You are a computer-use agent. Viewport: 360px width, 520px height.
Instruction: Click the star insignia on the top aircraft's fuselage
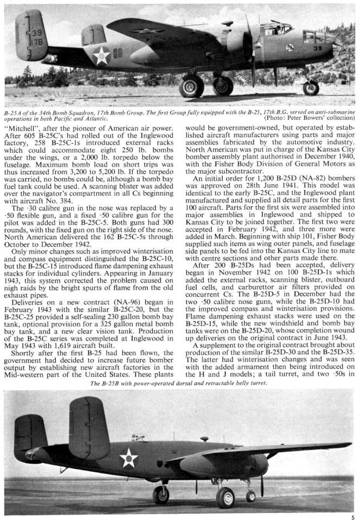pyautogui.click(x=101, y=55)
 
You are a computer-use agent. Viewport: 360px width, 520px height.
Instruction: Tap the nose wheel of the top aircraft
pyautogui.click(x=311, y=88)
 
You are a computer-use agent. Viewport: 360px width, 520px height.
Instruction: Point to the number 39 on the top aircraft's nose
pyautogui.click(x=318, y=48)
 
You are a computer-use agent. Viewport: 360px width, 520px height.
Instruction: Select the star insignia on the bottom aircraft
pyautogui.click(x=128, y=458)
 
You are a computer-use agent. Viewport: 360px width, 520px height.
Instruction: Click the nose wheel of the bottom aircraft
pyautogui.click(x=251, y=496)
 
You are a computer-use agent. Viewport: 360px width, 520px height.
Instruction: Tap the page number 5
pyautogui.click(x=352, y=517)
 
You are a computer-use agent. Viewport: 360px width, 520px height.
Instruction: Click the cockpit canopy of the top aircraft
pyautogui.click(x=276, y=27)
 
